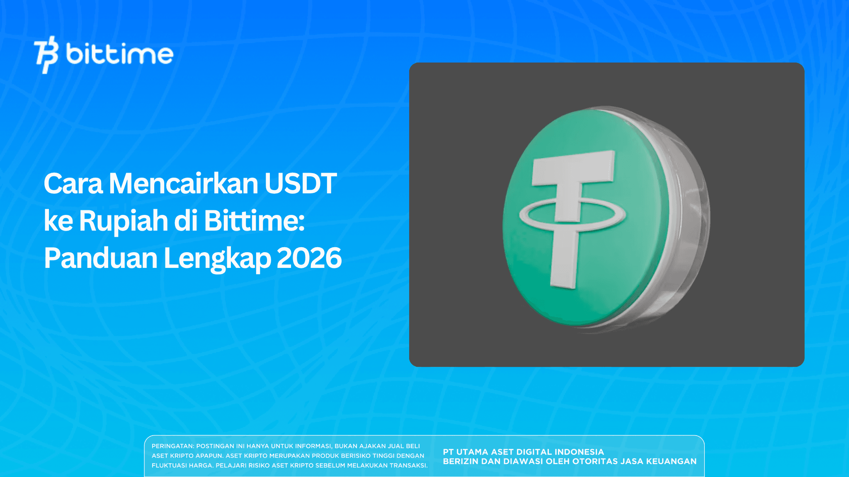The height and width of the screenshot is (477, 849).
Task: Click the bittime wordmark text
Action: [x=119, y=54]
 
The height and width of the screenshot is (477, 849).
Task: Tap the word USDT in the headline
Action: [x=300, y=183]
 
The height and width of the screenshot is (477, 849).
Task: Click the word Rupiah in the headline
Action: [x=123, y=221]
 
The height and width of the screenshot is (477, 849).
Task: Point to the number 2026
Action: [x=309, y=258]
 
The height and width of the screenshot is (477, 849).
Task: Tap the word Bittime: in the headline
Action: [x=254, y=221]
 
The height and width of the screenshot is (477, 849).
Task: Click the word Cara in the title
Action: [x=73, y=183]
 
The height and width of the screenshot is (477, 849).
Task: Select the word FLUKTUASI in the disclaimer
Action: [x=169, y=465]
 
